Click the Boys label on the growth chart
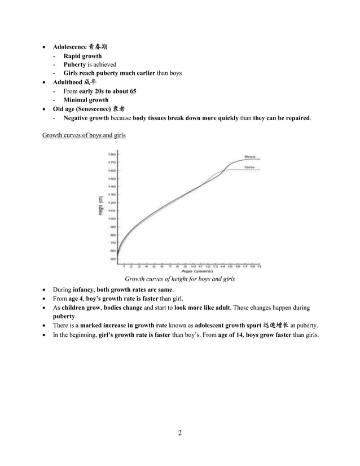250,156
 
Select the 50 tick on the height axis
112,258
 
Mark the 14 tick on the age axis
222,265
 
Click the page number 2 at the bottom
179,433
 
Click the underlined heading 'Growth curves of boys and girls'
84,135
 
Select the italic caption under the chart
179,279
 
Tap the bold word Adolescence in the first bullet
70,46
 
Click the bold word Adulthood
68,82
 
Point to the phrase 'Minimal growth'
86,100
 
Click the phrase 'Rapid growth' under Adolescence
82,56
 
